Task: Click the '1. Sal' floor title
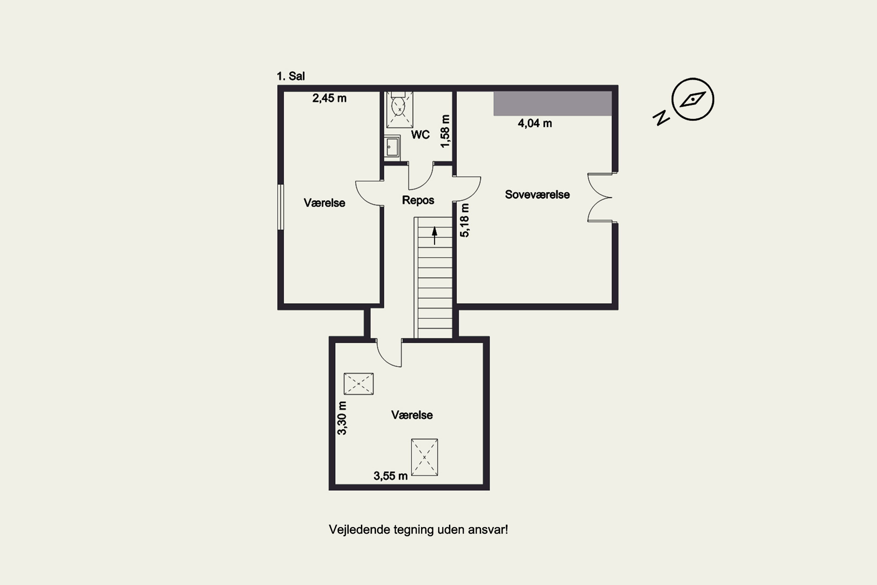tap(291, 76)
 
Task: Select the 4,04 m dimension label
tap(535, 123)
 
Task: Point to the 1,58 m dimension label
tap(445, 131)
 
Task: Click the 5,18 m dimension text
tap(465, 220)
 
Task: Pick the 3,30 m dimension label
tap(342, 418)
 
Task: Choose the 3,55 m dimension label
tap(390, 476)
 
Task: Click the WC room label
tap(420, 135)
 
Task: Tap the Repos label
tap(418, 200)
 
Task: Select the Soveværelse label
tap(537, 195)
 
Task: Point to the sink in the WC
tap(392, 147)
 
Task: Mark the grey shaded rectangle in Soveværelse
tap(552, 103)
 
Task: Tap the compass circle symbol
tap(693, 99)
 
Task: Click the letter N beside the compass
tap(661, 118)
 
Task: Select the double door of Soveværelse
tap(600, 197)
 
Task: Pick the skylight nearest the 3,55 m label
tap(424, 457)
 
